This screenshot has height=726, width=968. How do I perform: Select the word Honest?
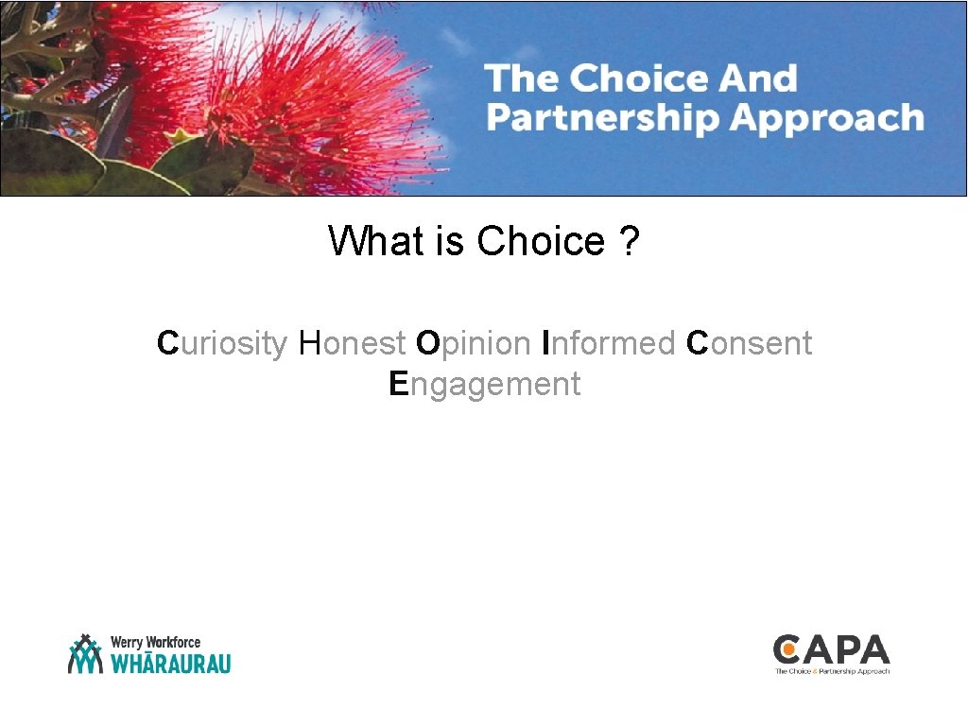click(353, 343)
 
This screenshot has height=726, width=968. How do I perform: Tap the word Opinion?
click(473, 343)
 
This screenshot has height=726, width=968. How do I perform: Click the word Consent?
click(749, 343)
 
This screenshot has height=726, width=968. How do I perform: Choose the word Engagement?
click(484, 385)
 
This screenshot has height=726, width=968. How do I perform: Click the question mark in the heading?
click(630, 242)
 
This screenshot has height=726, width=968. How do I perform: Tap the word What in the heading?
click(376, 242)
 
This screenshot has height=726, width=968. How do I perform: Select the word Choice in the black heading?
click(540, 242)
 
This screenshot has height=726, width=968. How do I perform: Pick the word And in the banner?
click(756, 78)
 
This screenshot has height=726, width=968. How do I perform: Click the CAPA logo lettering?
click(832, 650)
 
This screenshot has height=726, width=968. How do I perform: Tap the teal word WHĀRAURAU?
click(171, 663)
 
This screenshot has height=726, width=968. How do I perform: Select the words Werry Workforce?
click(156, 643)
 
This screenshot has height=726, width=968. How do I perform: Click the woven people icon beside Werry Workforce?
click(85, 653)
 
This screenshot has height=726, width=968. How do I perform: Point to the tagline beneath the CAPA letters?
click(832, 671)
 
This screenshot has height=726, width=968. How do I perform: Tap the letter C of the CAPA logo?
click(786, 650)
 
